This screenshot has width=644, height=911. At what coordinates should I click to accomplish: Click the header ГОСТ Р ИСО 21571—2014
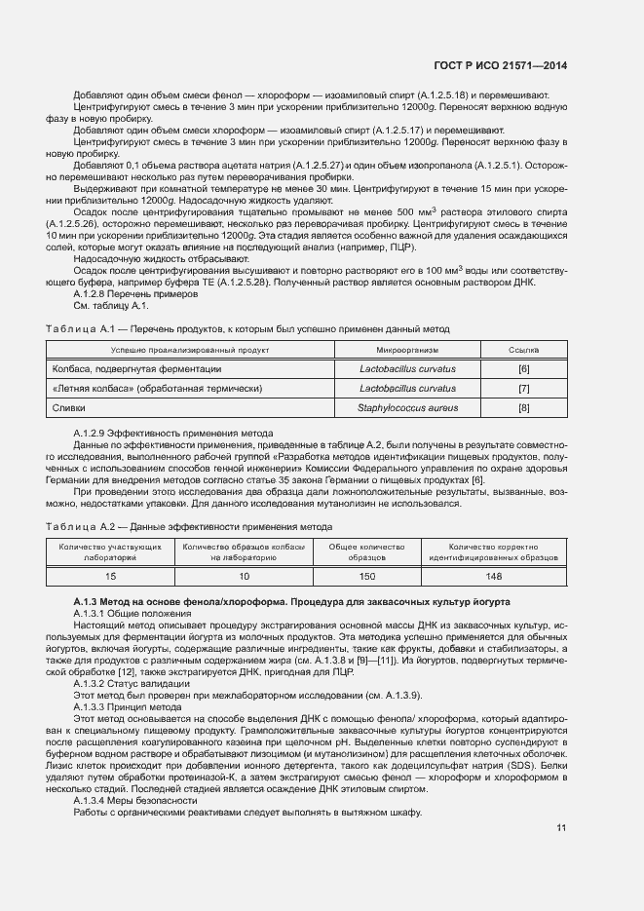point(501,65)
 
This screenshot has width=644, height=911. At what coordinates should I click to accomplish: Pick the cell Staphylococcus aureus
point(422,407)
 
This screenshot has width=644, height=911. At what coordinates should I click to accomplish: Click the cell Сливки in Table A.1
point(69,407)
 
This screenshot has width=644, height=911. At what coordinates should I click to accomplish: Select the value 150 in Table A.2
point(366,576)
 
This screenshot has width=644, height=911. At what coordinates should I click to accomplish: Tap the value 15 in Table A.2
point(110,576)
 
